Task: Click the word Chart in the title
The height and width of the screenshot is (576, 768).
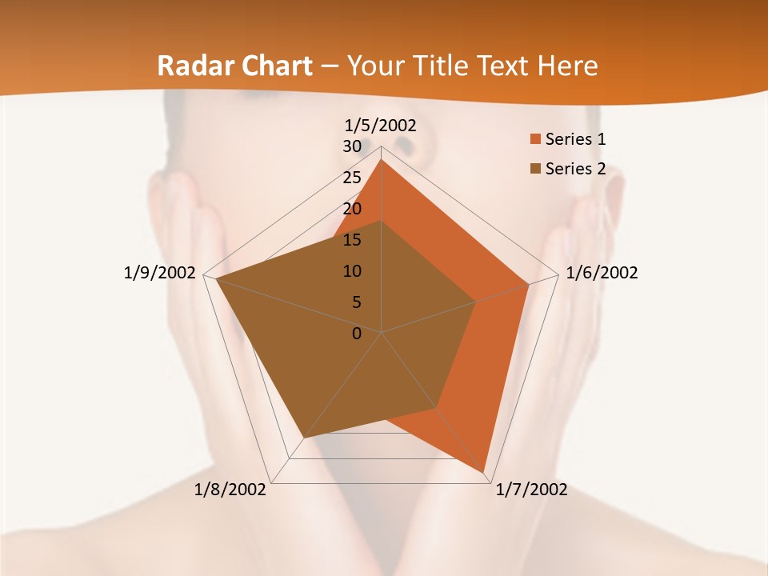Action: (x=272, y=66)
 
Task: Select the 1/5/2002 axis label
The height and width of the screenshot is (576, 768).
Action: (x=380, y=125)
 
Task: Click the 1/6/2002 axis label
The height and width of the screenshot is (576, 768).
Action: (x=602, y=273)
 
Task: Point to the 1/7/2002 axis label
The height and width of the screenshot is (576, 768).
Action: (x=531, y=490)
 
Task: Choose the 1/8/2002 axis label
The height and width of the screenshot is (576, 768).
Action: (x=230, y=490)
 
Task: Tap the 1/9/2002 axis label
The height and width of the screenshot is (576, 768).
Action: (x=159, y=273)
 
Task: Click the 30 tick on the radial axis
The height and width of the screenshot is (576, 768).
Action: (x=352, y=146)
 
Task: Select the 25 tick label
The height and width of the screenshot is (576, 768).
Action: (x=352, y=178)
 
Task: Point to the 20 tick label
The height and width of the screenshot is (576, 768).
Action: (x=352, y=209)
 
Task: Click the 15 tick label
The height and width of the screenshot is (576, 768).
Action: (x=352, y=240)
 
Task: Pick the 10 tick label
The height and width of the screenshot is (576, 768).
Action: (x=352, y=271)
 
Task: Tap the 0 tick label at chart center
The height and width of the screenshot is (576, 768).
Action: (x=357, y=334)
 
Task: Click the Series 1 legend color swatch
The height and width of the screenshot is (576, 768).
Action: (x=535, y=140)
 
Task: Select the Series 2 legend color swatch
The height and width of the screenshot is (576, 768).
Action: (x=535, y=169)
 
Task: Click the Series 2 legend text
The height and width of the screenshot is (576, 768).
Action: (x=575, y=169)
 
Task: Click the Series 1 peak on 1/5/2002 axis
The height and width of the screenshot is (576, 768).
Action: (x=382, y=159)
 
